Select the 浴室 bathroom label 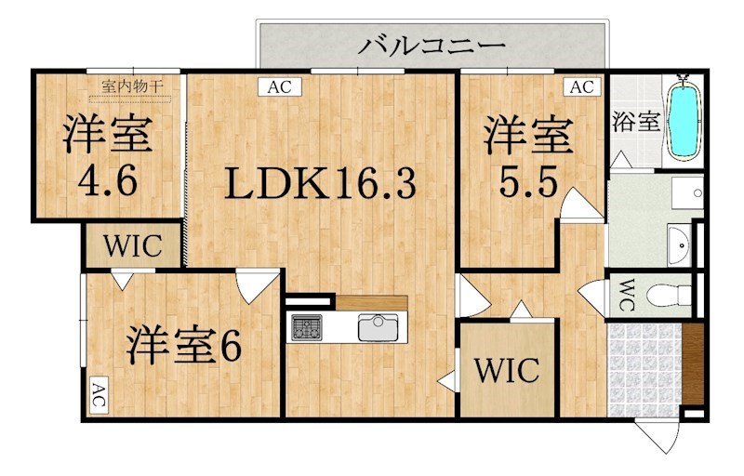pos(637,121)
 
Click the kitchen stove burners pos(306,326)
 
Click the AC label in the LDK pos(280,88)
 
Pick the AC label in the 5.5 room pos(581,88)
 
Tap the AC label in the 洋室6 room pos(98,397)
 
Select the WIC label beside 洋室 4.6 pos(133,247)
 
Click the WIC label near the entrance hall pos(507,370)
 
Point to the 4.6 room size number pos(107,181)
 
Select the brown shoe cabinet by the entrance pos(694,364)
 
